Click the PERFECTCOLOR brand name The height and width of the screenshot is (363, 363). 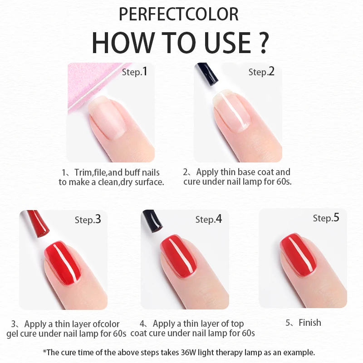[178, 15]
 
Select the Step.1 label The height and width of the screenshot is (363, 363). [135, 72]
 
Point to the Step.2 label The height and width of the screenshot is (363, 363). [261, 72]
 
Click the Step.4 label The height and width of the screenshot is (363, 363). [208, 219]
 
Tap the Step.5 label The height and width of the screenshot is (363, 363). [326, 218]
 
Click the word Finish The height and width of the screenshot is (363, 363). [309, 323]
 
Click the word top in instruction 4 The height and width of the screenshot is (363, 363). [236, 324]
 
